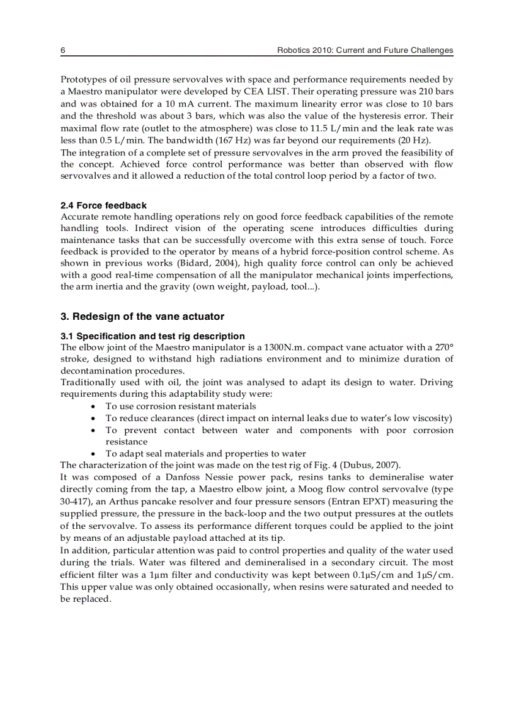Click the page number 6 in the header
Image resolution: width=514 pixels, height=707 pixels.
click(63, 50)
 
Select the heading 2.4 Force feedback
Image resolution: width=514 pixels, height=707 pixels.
click(103, 205)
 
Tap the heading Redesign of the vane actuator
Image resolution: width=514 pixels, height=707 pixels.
click(142, 316)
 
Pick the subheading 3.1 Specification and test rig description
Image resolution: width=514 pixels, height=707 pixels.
click(152, 336)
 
